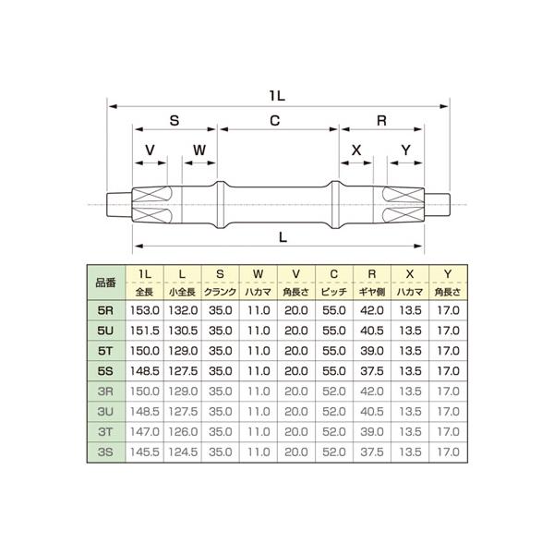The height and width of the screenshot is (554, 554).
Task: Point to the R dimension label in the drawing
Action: (x=381, y=121)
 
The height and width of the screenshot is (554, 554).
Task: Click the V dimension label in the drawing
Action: (x=150, y=150)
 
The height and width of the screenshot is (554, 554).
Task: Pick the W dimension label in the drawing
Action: (x=199, y=150)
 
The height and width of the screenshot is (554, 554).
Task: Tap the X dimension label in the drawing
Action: (x=357, y=150)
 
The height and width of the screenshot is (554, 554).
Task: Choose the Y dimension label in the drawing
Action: (x=404, y=150)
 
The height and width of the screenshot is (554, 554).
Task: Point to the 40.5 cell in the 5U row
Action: (x=372, y=331)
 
